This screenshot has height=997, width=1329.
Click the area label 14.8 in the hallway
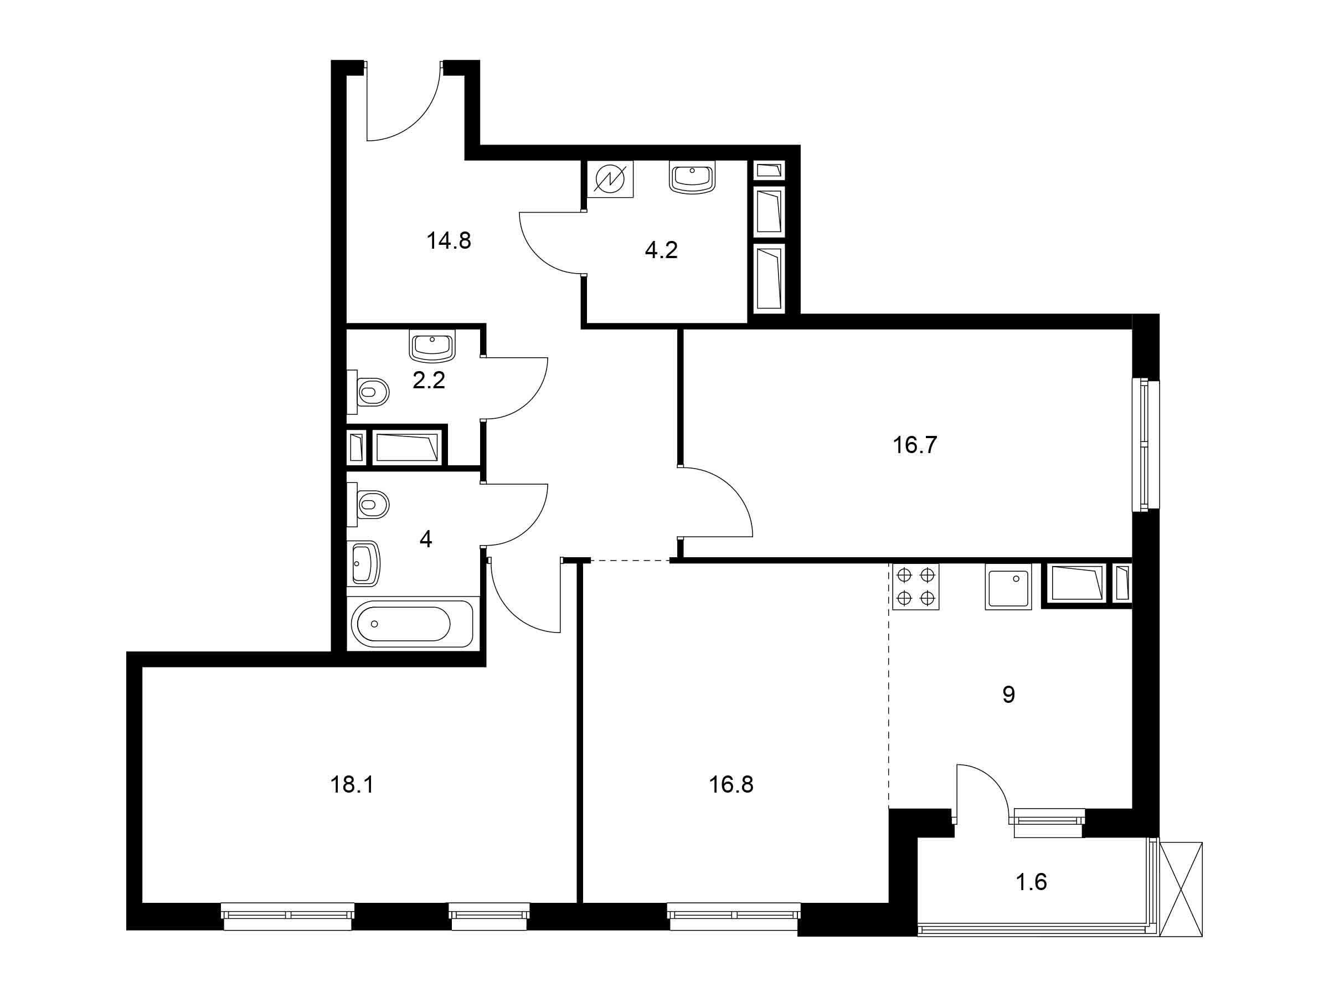449,241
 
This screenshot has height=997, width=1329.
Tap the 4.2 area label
662,250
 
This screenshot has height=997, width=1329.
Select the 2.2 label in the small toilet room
429,381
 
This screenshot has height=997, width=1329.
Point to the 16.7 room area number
915,445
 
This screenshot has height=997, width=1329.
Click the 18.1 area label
352,785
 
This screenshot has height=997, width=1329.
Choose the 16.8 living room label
731,785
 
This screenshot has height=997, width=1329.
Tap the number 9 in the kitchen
1009,695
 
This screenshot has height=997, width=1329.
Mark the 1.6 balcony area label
1032,882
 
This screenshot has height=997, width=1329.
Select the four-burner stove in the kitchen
916,587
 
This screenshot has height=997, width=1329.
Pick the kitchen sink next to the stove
1008,587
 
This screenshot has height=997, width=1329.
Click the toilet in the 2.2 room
368,392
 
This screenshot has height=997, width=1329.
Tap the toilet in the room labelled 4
368,503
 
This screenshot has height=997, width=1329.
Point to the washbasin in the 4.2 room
692,177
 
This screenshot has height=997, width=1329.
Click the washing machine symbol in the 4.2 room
610,179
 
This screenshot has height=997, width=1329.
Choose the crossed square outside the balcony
1181,889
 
